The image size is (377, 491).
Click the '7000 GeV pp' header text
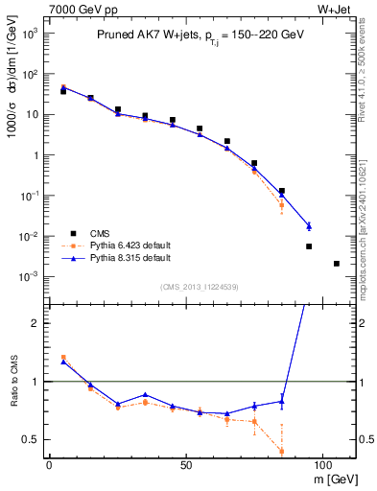click(76, 9)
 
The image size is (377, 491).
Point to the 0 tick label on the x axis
click(49, 463)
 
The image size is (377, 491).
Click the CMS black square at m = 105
click(336, 263)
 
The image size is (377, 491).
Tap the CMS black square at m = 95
click(309, 246)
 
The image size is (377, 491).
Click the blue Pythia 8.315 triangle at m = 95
click(309, 226)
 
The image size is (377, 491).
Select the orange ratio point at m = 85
click(281, 451)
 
